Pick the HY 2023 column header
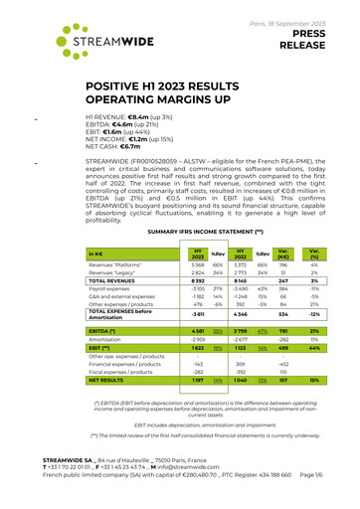tap(199, 254)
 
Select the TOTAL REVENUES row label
tap(115, 281)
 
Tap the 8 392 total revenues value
tap(199, 281)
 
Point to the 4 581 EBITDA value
tap(199, 328)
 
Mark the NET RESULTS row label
tap(111, 380)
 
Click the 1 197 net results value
tap(199, 380)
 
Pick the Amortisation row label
tap(107, 337)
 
